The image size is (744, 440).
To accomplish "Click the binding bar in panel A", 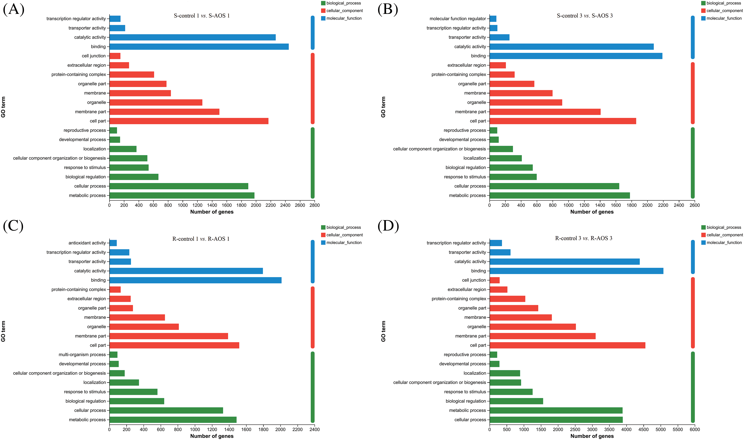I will (x=199, y=47).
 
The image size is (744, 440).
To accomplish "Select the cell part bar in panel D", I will (x=567, y=345).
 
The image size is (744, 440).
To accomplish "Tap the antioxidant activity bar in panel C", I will (x=113, y=243).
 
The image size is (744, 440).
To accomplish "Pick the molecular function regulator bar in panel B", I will (x=493, y=19).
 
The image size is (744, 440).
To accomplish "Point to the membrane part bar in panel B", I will (x=545, y=112).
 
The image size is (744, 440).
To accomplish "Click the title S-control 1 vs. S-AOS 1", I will (x=202, y=16).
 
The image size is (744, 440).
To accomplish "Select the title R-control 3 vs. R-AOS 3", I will (x=583, y=238).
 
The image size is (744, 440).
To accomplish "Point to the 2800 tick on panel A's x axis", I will (x=315, y=205).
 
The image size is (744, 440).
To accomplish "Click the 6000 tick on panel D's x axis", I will (x=695, y=429).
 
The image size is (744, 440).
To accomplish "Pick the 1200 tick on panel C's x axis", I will (x=212, y=429).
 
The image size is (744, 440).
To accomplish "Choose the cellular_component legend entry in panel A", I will (x=344, y=11).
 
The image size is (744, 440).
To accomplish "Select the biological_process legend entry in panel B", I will (x=723, y=3).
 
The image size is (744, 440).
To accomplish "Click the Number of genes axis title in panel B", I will (x=592, y=212).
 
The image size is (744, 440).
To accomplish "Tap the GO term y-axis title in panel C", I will (x=3, y=331).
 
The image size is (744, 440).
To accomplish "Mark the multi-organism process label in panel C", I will (x=82, y=355).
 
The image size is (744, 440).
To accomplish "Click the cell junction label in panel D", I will (x=474, y=280).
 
